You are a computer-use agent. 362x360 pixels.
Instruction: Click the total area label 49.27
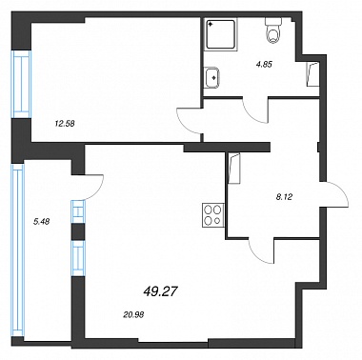[x=160, y=290]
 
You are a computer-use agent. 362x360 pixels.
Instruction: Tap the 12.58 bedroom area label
[x=65, y=124]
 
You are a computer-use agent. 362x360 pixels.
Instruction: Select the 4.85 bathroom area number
[x=264, y=64]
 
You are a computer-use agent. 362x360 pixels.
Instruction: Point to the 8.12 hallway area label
[x=284, y=197]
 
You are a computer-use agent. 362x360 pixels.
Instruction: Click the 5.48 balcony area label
[x=41, y=222]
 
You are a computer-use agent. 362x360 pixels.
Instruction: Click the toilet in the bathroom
[x=273, y=30]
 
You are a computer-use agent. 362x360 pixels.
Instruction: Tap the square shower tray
[x=221, y=34]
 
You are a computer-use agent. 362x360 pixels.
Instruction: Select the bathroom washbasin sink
[x=211, y=77]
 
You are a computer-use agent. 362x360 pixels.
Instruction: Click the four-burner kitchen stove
[x=213, y=215]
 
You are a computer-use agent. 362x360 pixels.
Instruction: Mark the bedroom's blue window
[x=22, y=85]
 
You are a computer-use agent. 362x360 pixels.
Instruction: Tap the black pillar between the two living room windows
[x=78, y=231]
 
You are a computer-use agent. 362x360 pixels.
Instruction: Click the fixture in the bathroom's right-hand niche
[x=312, y=74]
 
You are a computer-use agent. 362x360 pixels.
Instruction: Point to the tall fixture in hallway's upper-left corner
[x=234, y=169]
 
